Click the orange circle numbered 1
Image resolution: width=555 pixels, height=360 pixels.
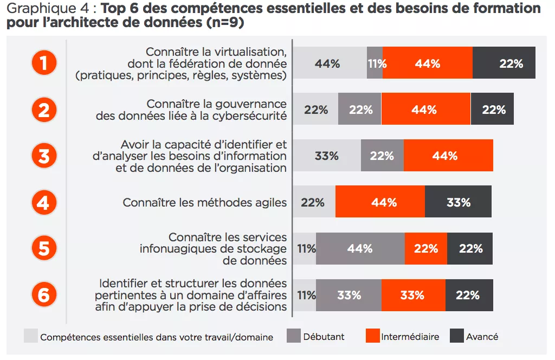coord(44,63)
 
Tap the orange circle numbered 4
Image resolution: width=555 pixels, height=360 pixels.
coord(44,202)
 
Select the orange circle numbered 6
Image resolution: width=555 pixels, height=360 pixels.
coord(44,295)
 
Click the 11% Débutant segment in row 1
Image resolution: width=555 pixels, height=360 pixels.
coord(375,63)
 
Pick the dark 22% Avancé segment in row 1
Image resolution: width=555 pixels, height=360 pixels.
coord(504,63)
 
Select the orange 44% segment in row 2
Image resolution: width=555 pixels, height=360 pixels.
coord(425,110)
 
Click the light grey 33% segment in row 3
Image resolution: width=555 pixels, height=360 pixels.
coord(327,156)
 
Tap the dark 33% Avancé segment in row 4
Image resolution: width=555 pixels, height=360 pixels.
coord(458,202)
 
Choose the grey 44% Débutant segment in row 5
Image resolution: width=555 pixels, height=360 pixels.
coord(360,249)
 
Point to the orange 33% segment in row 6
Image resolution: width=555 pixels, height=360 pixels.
coord(413,295)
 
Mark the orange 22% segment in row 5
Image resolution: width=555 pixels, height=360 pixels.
coord(426,249)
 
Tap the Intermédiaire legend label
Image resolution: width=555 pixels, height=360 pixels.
coord(410,337)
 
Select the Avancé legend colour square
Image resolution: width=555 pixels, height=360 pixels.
coord(457,336)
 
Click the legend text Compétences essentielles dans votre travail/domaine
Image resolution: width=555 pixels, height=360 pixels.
coord(157,337)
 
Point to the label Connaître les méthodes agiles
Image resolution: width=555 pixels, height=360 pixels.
coord(204,203)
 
